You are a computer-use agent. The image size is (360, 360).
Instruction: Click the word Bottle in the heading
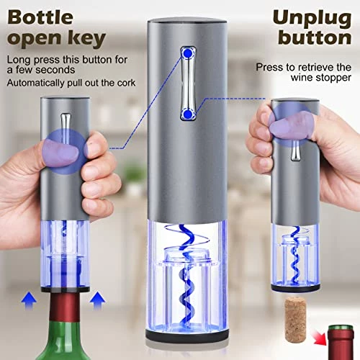click(40, 17)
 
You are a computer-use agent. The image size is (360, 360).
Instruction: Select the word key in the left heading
click(87, 39)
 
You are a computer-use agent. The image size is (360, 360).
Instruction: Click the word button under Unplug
click(315, 37)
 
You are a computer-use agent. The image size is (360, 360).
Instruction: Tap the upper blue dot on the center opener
click(188, 53)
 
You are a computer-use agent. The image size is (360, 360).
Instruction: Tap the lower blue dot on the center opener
click(188, 114)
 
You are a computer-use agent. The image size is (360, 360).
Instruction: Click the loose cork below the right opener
click(296, 319)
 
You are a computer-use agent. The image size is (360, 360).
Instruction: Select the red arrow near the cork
click(318, 338)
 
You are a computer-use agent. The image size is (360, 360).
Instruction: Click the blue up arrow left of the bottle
click(29, 300)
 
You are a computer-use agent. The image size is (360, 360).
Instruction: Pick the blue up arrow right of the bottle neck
click(97, 300)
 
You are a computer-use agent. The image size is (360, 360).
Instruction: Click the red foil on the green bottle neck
click(64, 307)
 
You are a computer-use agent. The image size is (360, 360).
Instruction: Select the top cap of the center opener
click(187, 21)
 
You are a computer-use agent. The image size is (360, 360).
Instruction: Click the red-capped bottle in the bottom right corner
click(341, 342)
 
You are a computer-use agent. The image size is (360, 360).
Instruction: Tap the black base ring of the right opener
click(296, 287)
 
